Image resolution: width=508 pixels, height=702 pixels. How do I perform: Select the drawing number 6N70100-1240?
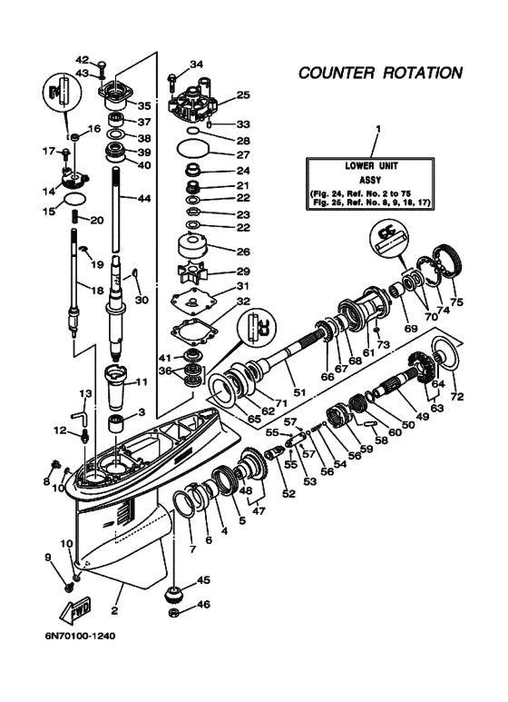tap(79, 636)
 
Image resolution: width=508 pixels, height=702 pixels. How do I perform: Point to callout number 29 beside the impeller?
tap(243, 272)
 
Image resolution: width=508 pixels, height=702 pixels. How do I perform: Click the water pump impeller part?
tap(191, 271)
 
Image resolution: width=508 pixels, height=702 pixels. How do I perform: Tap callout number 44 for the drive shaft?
tap(144, 198)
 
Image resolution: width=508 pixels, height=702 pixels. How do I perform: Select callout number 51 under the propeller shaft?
tap(299, 392)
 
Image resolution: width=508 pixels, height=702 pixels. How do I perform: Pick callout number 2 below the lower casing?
tap(114, 610)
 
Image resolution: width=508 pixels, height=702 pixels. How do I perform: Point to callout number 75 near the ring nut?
tap(456, 302)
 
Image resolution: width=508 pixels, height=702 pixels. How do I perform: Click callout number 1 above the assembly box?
tap(378, 129)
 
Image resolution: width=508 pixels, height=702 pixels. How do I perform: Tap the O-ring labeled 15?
tap(74, 199)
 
